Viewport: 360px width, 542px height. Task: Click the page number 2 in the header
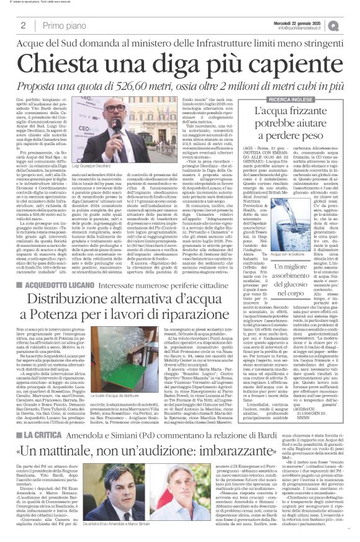click(x=24, y=25)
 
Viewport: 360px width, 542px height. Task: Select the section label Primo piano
click(x=66, y=25)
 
